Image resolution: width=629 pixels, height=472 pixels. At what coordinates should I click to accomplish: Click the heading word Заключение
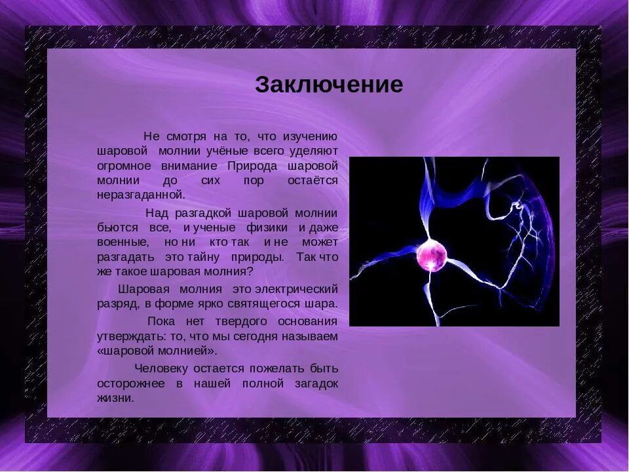pyautogui.click(x=329, y=85)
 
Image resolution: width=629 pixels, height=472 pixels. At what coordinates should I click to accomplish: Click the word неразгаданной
pyautogui.click(x=141, y=194)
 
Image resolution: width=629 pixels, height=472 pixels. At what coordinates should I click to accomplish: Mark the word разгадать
pyautogui.click(x=126, y=256)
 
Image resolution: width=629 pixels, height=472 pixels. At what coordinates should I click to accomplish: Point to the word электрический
pyautogui.click(x=296, y=289)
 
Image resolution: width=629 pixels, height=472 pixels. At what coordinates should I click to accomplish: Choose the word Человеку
pyautogui.click(x=161, y=369)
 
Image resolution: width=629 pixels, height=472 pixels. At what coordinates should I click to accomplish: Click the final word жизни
pyautogui.click(x=115, y=398)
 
